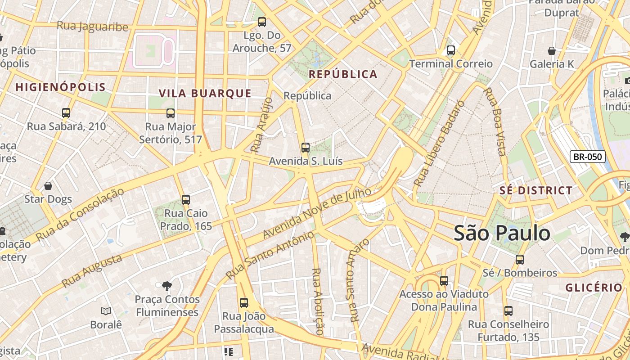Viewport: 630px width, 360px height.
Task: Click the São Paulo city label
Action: [x=502, y=233]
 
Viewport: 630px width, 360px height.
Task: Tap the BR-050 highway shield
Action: [x=588, y=157]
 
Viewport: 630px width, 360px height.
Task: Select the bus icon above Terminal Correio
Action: [x=451, y=50]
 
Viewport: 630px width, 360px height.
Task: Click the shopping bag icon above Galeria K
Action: [x=552, y=51]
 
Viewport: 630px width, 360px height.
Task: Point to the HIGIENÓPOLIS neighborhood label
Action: [x=61, y=87]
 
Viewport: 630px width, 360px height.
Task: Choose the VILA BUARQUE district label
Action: [x=205, y=93]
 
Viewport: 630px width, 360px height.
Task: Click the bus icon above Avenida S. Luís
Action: [x=306, y=147]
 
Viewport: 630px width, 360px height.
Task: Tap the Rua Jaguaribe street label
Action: [x=93, y=27]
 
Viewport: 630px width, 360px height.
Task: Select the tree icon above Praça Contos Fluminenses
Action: [x=167, y=286]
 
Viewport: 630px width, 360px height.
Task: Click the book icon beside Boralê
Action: [x=106, y=311]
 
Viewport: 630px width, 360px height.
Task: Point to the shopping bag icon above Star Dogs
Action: [x=48, y=186]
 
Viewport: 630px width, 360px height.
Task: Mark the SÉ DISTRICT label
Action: [x=536, y=190]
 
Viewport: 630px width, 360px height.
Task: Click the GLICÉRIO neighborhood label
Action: [x=594, y=288]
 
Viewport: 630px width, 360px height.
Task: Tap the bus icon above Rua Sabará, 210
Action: [x=66, y=113]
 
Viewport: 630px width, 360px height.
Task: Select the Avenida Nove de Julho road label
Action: [x=317, y=213]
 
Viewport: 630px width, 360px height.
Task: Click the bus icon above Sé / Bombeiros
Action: [x=520, y=259]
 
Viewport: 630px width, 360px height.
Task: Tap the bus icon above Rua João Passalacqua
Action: [x=244, y=303]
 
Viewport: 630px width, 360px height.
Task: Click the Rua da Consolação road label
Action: [x=80, y=215]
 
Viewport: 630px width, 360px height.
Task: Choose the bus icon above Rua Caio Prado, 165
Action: [x=186, y=199]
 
